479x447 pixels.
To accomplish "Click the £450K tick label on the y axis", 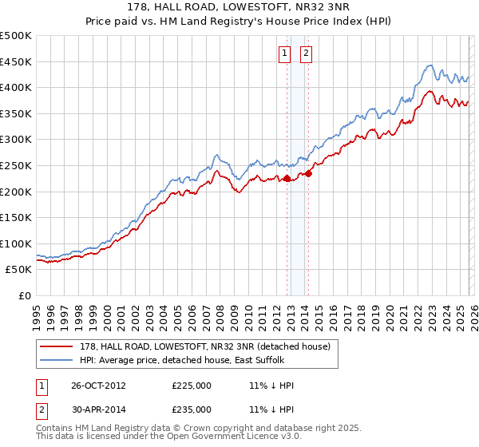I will pyautogui.click(x=16, y=61).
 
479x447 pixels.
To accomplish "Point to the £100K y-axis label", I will pyautogui.click(x=16, y=243).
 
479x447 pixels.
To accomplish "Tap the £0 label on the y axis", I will pyautogui.click(x=24, y=295).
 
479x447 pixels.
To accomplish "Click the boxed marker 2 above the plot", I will pyautogui.click(x=306, y=54).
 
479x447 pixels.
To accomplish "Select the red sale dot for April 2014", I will pyautogui.click(x=308, y=173).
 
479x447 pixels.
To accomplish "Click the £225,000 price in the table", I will pyautogui.click(x=192, y=386).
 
